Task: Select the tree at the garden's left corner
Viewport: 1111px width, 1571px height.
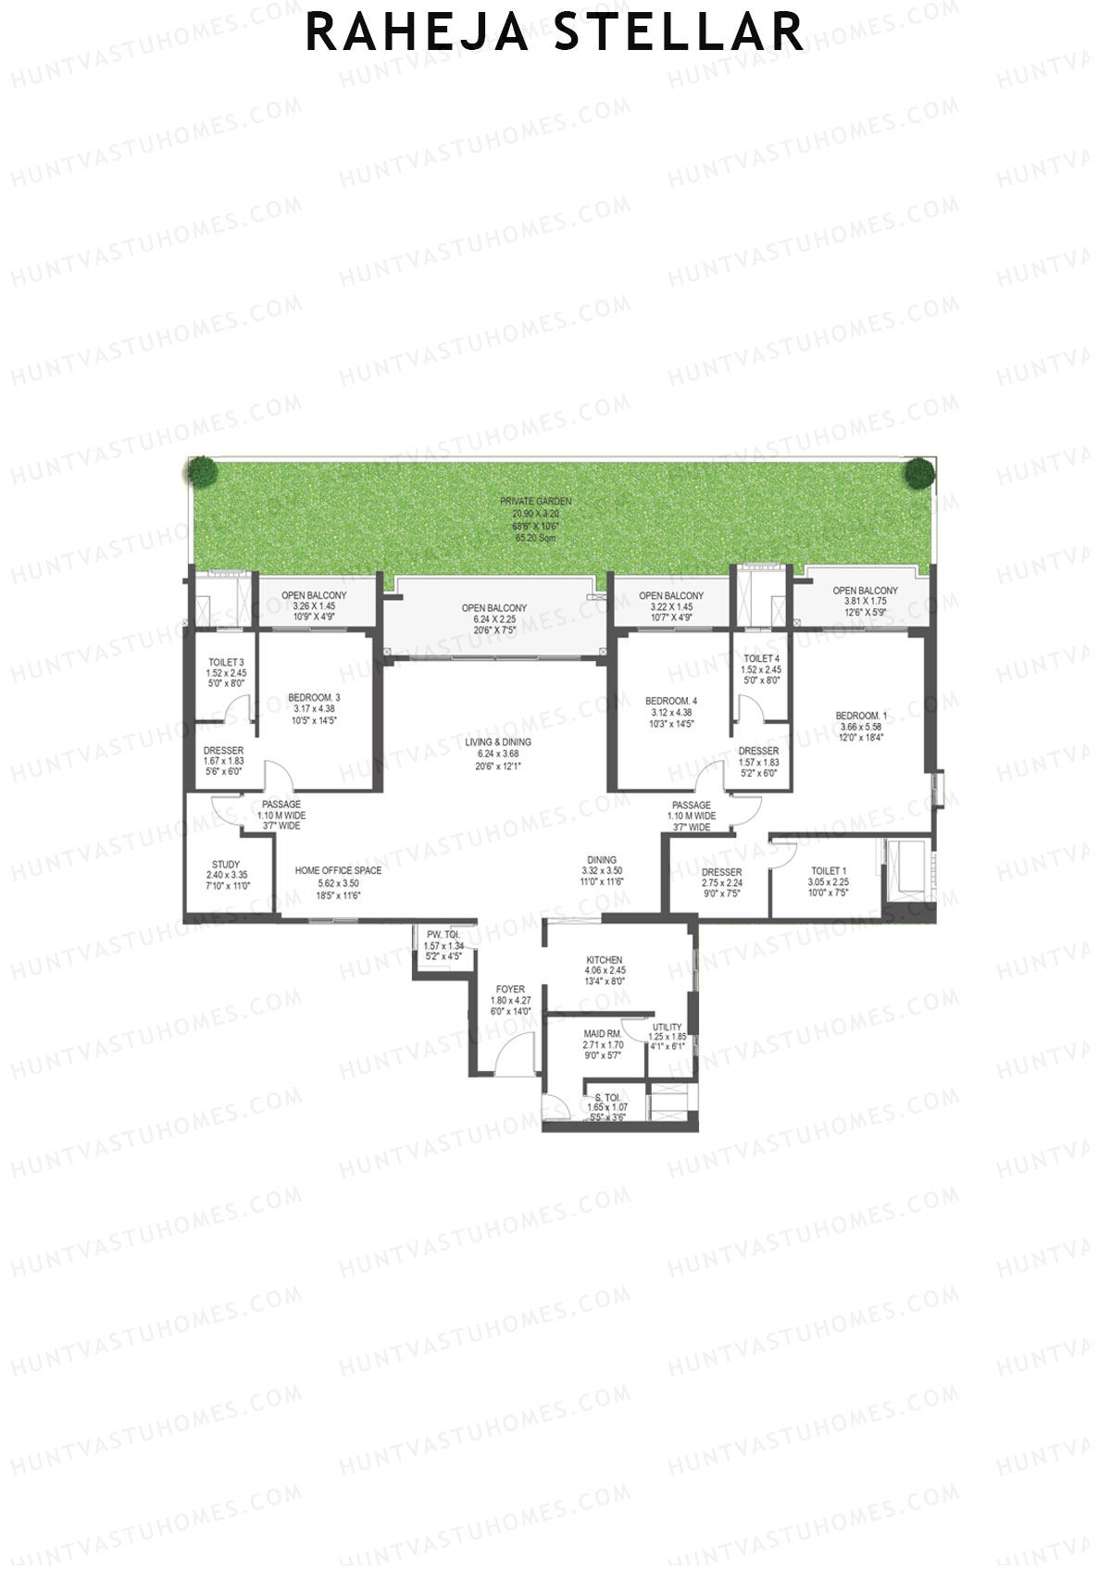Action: tap(200, 472)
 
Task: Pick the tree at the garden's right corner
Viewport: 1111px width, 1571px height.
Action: tap(918, 473)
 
